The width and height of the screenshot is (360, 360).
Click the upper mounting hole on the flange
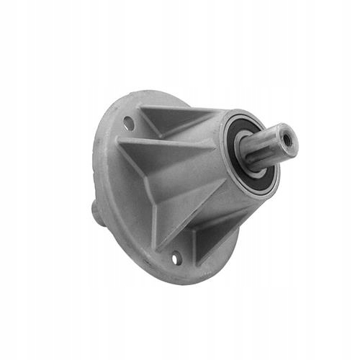[x=128, y=123]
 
